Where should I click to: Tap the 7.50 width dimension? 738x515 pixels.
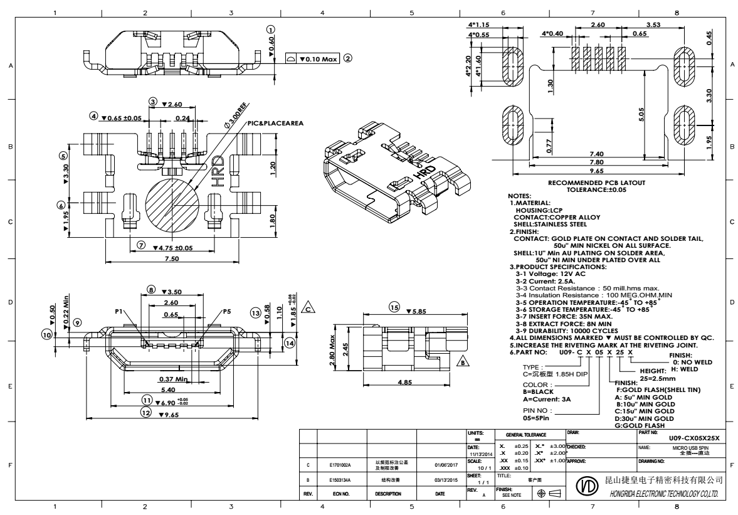point(171,258)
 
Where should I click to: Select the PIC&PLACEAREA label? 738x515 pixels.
point(275,123)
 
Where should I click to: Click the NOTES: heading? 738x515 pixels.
point(520,196)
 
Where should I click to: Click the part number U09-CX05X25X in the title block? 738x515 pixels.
point(694,437)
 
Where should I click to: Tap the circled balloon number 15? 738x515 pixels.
point(394,308)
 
